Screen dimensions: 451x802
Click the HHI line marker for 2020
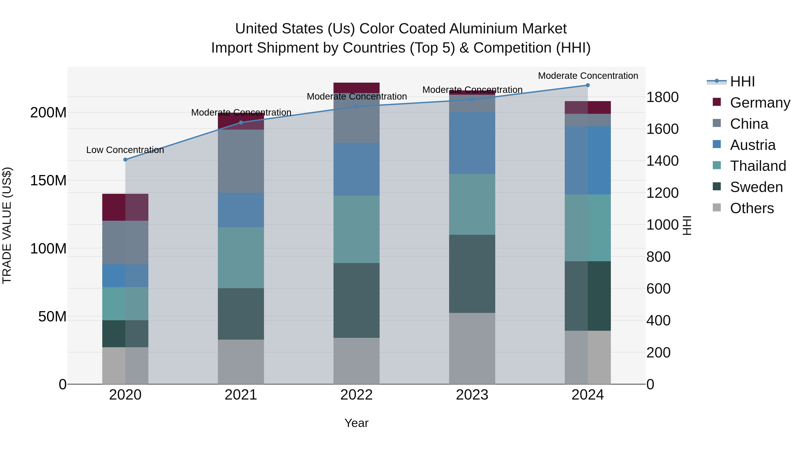click(x=125, y=160)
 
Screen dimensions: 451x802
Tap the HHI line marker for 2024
click(x=587, y=85)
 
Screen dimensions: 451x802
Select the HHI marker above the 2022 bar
click(x=356, y=106)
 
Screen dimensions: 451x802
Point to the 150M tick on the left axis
click(x=48, y=181)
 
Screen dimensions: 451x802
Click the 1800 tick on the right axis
click(x=662, y=97)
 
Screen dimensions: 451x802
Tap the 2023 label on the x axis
click(x=472, y=395)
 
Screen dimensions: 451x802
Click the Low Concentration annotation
click(x=125, y=150)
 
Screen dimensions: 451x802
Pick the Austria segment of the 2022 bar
click(x=356, y=169)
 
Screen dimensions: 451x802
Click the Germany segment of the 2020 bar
click(x=125, y=207)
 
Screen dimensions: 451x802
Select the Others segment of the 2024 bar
click(x=587, y=357)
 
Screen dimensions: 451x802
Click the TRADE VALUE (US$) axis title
click(x=7, y=225)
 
